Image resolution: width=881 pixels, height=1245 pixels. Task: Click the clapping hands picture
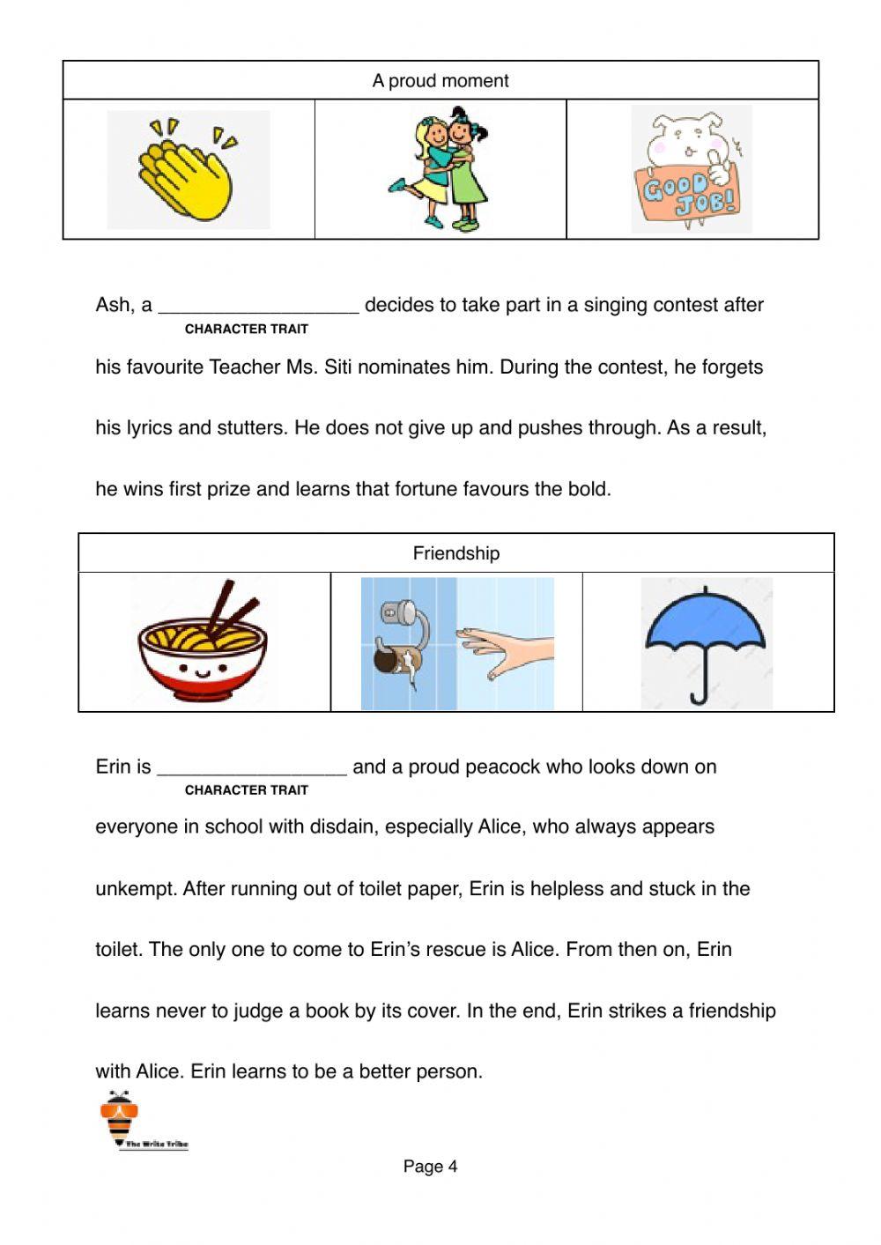tap(188, 169)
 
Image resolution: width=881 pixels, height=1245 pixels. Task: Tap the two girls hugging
tap(440, 169)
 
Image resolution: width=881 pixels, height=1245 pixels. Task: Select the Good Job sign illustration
tap(692, 170)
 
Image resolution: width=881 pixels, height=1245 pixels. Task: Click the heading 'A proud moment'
tap(440, 81)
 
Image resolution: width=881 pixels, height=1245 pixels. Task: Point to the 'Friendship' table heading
tap(456, 553)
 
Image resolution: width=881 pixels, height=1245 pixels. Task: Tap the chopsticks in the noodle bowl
tap(233, 608)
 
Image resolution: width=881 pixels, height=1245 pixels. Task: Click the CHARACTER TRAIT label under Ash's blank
tap(247, 329)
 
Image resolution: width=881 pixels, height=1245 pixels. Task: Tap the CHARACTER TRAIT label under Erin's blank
tap(247, 790)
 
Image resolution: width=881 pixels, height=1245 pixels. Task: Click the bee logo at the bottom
tap(120, 1117)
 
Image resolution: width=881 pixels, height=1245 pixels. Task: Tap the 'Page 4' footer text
tap(430, 1167)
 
